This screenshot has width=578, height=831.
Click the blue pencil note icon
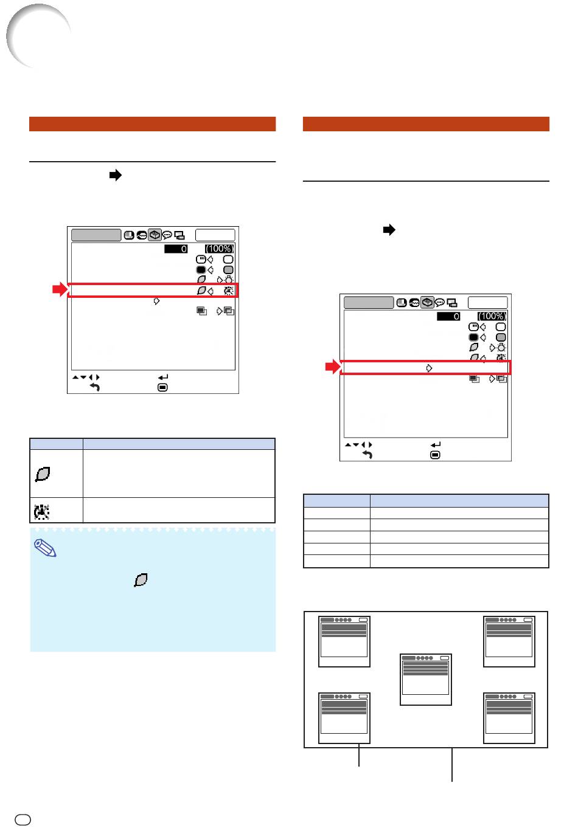pos(45,548)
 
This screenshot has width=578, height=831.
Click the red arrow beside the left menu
pos(60,289)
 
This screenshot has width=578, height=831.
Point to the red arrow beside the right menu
pos(333,367)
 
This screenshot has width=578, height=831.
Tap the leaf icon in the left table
pos(43,474)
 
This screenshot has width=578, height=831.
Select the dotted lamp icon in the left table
pos(41,511)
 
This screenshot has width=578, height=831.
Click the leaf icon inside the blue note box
pos(141,580)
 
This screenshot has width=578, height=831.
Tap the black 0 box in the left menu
pos(176,249)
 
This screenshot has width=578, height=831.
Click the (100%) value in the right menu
pos(492,316)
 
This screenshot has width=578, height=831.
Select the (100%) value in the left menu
pos(219,249)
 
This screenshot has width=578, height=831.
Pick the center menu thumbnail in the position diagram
pos(425,679)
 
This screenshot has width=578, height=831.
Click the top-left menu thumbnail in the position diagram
pos(344,641)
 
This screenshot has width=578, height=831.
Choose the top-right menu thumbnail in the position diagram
pos(509,641)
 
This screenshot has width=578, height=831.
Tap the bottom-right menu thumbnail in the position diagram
pos(509,718)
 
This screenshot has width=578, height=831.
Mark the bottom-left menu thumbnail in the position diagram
pos(344,718)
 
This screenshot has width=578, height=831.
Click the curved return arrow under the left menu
pos(95,387)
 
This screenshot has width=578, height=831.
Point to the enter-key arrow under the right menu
pos(436,444)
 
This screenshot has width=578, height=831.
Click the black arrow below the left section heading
pos(116,174)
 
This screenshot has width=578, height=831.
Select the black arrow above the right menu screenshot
pos(389,230)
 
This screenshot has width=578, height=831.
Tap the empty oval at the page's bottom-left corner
pos(23,819)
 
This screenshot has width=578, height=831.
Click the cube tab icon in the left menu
pos(155,235)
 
